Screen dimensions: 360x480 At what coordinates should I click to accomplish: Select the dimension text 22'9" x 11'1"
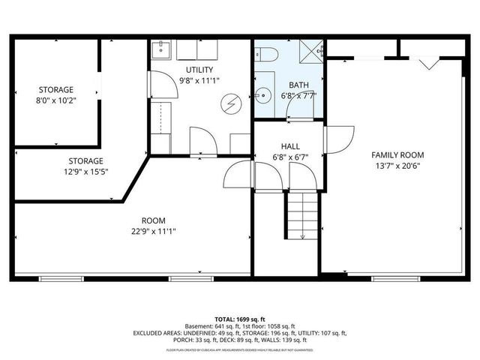click(154, 231)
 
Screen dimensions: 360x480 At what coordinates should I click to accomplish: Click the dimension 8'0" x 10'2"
click(56, 100)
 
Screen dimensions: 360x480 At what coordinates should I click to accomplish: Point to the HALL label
click(290, 146)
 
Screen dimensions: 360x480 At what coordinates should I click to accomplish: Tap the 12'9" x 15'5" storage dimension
click(86, 172)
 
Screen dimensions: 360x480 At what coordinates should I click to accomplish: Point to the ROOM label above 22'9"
click(154, 220)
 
